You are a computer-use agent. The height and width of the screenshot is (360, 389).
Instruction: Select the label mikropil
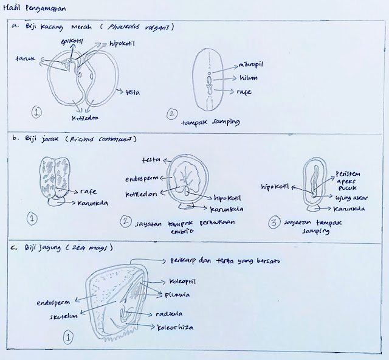[x=252, y=64]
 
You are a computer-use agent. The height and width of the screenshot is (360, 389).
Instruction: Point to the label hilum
[x=250, y=77]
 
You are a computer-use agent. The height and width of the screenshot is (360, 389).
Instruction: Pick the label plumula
[x=176, y=296]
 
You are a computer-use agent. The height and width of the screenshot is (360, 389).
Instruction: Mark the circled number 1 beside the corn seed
[x=69, y=336]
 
